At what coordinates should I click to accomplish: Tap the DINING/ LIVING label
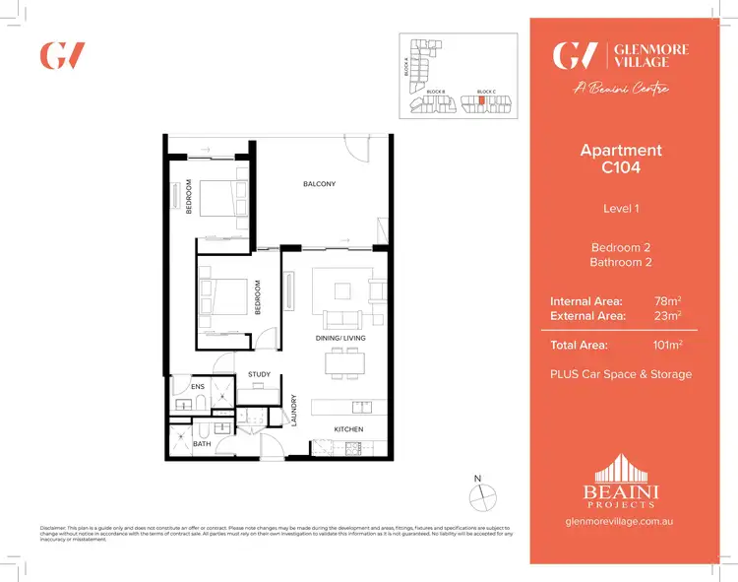click(x=340, y=338)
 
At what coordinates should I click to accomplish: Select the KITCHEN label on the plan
click(x=348, y=429)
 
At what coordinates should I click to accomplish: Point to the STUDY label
click(x=259, y=374)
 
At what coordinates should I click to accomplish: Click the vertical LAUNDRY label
click(x=294, y=411)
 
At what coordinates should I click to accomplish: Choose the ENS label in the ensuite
click(x=198, y=387)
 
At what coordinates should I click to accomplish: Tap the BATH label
click(x=201, y=443)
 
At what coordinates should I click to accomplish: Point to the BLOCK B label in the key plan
click(x=436, y=91)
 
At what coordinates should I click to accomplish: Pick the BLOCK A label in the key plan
click(x=406, y=66)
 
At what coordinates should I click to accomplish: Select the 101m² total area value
click(x=668, y=345)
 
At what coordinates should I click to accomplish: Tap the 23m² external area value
click(x=668, y=315)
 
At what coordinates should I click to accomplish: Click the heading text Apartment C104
click(x=621, y=159)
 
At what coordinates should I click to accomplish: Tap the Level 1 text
click(x=621, y=208)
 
